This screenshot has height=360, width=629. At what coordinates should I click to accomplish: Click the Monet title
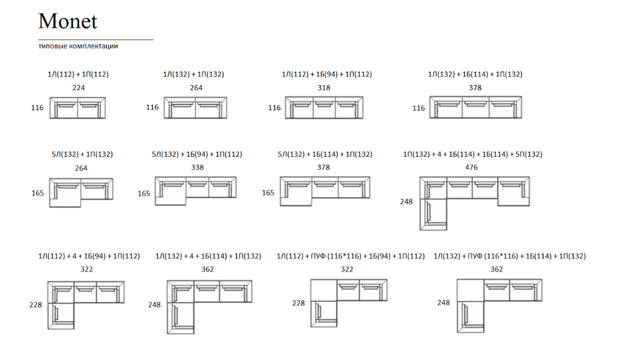click(x=68, y=22)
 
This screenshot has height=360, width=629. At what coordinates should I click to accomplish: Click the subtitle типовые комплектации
click(x=78, y=46)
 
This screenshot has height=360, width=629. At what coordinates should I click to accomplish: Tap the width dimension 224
click(x=79, y=88)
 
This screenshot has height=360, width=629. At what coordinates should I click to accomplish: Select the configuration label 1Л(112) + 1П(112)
click(x=78, y=74)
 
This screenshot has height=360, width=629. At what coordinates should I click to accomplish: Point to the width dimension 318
click(x=324, y=88)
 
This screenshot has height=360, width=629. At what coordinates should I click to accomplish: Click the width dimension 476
click(x=471, y=167)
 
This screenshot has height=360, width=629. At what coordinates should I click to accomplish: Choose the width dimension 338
click(x=197, y=167)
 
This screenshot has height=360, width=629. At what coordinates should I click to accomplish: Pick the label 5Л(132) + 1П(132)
click(x=82, y=154)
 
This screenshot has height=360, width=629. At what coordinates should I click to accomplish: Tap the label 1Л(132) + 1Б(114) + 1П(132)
click(x=475, y=74)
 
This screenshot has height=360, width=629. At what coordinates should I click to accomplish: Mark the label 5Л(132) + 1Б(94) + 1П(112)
click(x=197, y=154)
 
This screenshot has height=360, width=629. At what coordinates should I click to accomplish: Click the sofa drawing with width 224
click(x=77, y=108)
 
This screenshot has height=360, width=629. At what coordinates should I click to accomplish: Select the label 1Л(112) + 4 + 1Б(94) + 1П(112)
click(x=89, y=256)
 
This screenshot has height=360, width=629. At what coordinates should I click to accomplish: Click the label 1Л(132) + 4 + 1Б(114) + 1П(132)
click(x=208, y=256)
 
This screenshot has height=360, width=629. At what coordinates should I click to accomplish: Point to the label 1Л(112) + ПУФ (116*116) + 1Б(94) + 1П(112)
click(x=351, y=256)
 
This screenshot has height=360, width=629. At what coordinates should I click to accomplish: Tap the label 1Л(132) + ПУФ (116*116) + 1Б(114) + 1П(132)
click(x=509, y=256)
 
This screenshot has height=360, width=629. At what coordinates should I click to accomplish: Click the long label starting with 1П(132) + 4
click(x=472, y=154)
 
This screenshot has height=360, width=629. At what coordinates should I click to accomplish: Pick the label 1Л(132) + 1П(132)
click(x=193, y=74)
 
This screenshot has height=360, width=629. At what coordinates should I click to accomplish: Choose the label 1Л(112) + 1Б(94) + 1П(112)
click(x=327, y=74)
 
